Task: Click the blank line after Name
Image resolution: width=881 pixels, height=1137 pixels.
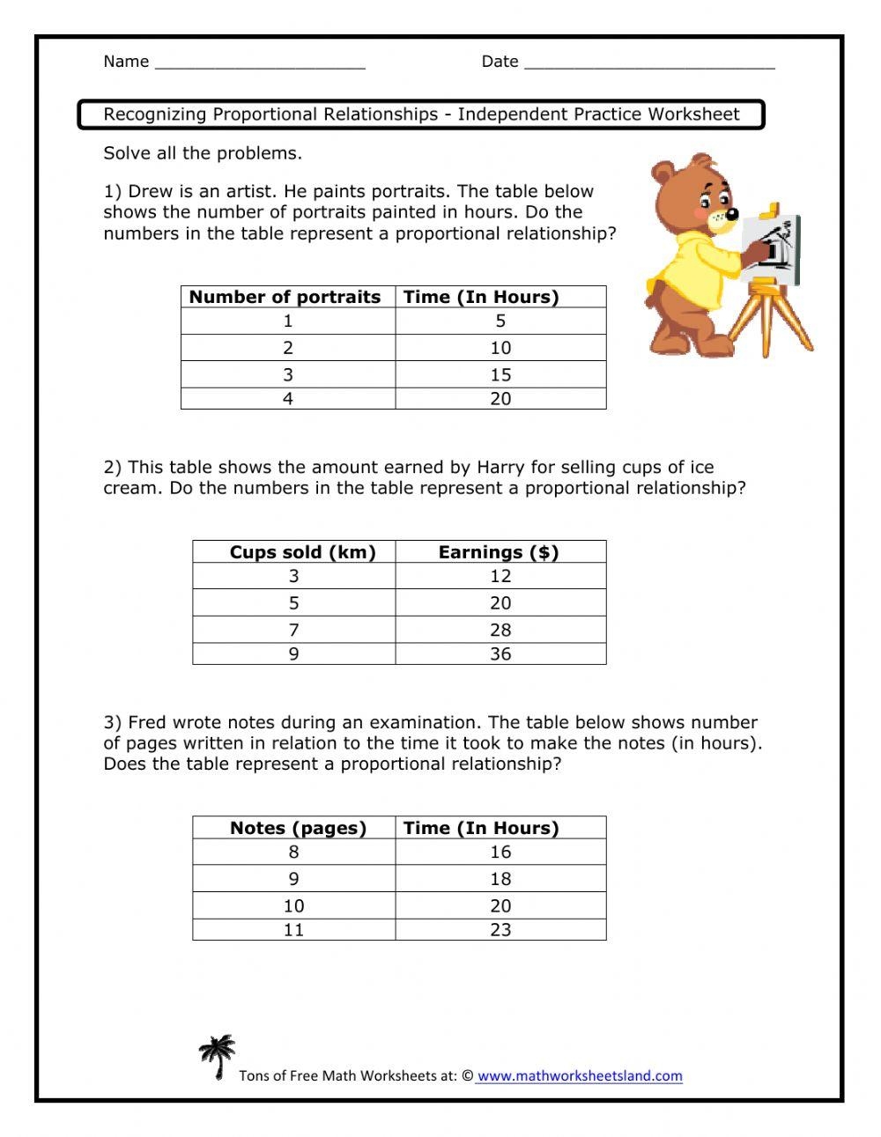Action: tap(259, 63)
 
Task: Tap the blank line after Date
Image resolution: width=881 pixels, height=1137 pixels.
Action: tap(649, 63)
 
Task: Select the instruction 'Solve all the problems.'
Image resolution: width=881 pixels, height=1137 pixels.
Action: tap(203, 153)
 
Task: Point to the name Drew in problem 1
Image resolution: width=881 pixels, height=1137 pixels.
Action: tap(150, 192)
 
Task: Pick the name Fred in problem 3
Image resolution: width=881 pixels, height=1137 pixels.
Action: tap(149, 723)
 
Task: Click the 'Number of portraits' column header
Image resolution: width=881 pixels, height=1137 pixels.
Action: tap(285, 297)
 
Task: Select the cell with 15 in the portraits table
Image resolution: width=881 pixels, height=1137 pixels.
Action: tap(500, 374)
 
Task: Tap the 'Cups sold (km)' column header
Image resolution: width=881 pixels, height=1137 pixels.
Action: tap(302, 552)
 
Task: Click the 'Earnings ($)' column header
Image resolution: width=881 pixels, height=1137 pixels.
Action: tap(499, 552)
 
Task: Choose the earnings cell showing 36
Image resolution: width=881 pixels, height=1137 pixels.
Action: tap(500, 653)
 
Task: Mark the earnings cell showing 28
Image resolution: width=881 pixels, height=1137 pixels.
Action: tap(500, 630)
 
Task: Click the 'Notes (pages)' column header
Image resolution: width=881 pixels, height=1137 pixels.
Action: tap(298, 828)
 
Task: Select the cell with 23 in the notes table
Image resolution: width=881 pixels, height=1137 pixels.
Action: tap(500, 929)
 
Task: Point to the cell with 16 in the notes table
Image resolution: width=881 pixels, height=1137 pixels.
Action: tap(500, 852)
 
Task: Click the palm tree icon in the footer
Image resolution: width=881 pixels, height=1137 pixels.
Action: tap(217, 1056)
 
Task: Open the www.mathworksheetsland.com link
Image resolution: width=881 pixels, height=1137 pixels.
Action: tap(580, 1075)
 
